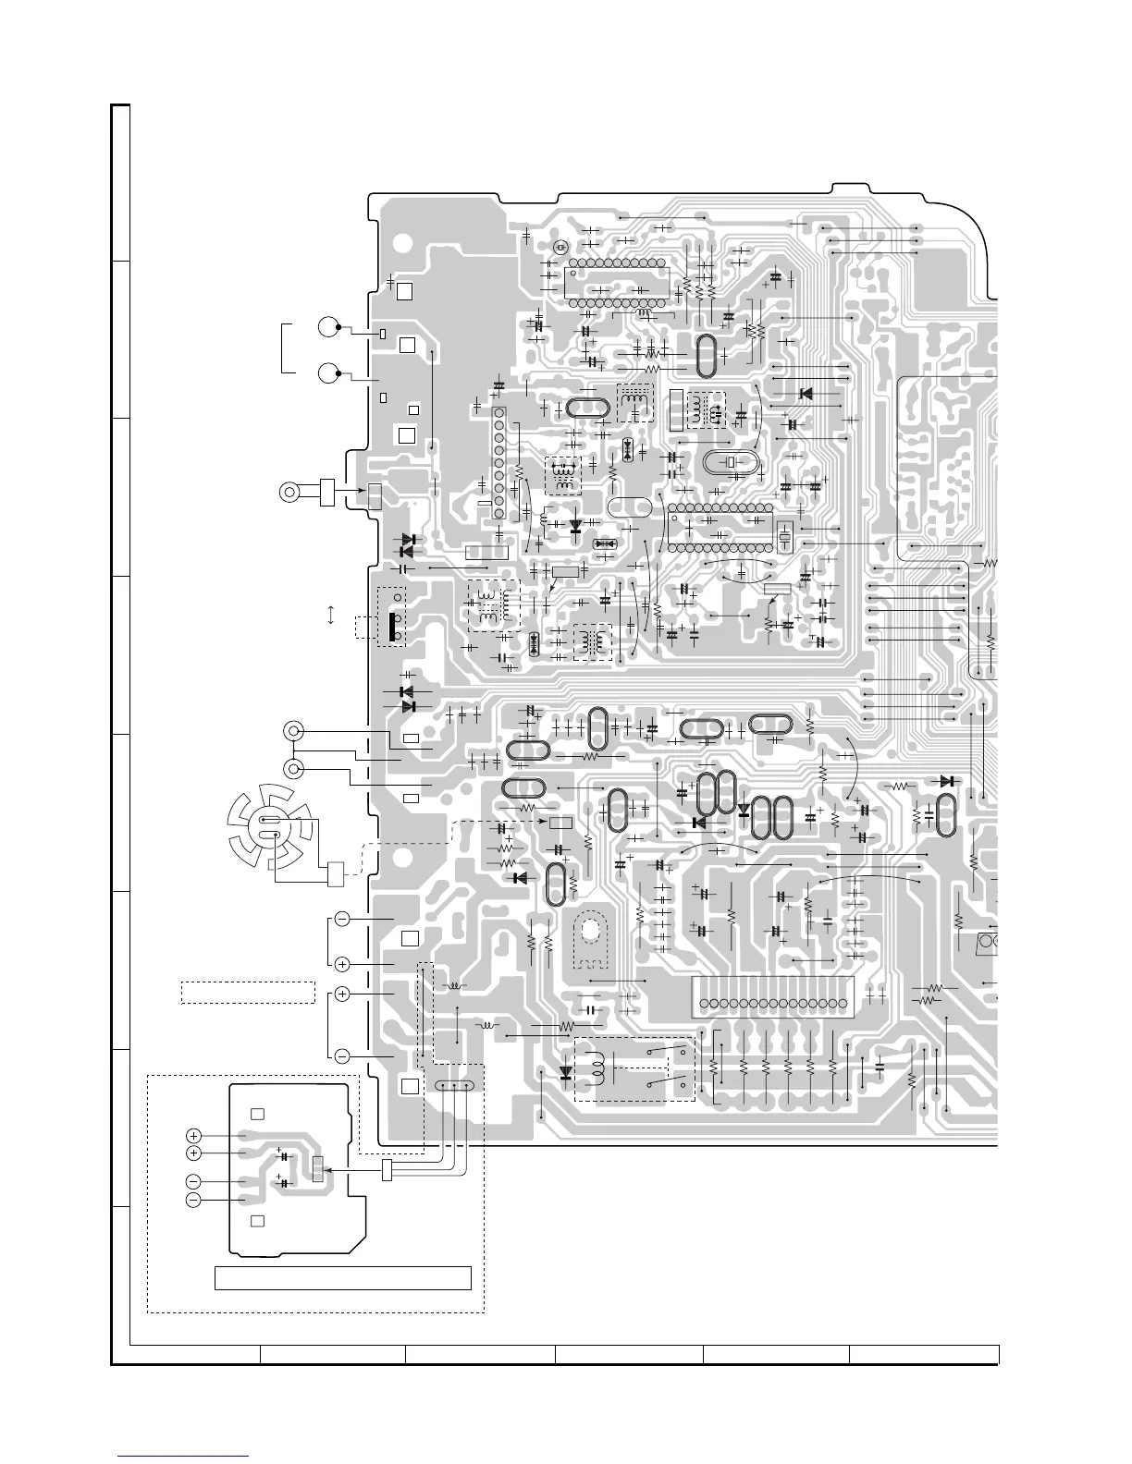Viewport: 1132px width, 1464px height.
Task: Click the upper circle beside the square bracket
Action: [x=327, y=326]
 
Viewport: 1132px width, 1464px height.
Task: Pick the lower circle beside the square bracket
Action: [x=327, y=373]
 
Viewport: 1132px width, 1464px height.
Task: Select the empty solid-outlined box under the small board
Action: [x=343, y=1278]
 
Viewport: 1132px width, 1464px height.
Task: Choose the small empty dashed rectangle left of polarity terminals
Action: [x=247, y=992]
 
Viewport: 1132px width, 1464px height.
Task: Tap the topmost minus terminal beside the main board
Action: [x=341, y=919]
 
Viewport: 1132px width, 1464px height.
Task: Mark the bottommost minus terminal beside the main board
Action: [x=341, y=1055]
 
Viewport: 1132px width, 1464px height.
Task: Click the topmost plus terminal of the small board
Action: [x=193, y=1135]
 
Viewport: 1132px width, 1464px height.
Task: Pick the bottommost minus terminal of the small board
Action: [x=193, y=1200]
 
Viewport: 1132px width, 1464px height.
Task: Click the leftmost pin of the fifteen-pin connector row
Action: [x=705, y=1004]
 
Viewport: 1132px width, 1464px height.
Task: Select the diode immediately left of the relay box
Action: [x=565, y=1073]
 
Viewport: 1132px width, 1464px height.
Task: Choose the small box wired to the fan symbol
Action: [x=335, y=873]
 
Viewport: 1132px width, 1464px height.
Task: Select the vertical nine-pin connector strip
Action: [x=498, y=462]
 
